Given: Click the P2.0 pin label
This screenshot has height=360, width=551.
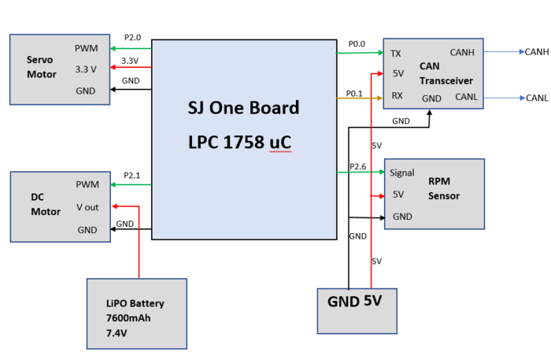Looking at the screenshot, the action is pos(132,38).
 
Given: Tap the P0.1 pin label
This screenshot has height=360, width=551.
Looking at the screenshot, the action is pos(354,94).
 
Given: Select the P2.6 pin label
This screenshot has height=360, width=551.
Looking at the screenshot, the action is pos(357,166).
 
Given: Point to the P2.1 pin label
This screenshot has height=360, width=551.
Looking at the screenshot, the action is pos(131,175).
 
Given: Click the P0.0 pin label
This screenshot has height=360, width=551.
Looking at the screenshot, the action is pos(357,44).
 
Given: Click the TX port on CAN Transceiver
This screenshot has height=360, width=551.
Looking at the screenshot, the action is pos(396,54).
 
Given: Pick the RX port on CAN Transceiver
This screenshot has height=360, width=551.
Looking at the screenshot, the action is pos(397,95).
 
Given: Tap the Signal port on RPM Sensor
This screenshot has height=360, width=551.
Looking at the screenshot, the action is pos(402,173).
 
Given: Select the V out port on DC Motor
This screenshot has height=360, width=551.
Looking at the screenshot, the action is pos(87,207).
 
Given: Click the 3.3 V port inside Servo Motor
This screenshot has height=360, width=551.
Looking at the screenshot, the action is pos(86,69).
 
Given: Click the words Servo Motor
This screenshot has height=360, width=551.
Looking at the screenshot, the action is pos(41,67).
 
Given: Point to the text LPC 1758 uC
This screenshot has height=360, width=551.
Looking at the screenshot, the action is pos(239,143).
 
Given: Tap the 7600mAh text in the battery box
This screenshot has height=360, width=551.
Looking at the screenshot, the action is pos(128,317).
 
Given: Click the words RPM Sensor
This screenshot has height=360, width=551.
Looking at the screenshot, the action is pos(444,188).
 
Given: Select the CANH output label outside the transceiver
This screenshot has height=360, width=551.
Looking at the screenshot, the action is pos(537,52).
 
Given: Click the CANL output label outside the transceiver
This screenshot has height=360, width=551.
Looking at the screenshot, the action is pos(537,98).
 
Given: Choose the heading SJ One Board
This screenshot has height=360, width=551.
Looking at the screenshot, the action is pos(243,108).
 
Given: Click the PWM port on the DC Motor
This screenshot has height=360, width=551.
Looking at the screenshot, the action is pos(87,184).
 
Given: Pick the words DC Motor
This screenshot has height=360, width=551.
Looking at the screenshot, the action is pos(46,204).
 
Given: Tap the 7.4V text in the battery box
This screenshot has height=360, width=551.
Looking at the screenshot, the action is pos(116,333).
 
